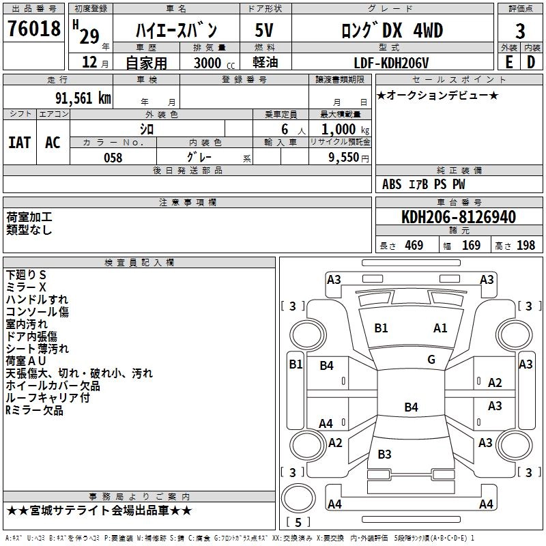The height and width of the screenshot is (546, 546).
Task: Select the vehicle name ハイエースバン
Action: coord(176,30)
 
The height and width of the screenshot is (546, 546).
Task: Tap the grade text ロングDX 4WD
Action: coord(392,30)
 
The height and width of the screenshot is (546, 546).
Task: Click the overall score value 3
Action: coord(520,31)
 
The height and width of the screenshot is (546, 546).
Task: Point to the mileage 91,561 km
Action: coord(83,98)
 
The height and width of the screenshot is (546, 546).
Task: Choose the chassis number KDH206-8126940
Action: coord(459,217)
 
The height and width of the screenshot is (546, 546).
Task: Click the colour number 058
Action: coord(113,158)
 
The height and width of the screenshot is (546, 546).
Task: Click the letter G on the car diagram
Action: coord(431,359)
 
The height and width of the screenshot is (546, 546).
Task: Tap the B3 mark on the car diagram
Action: coord(384,454)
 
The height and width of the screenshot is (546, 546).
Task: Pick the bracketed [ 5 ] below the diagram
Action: coord(298,523)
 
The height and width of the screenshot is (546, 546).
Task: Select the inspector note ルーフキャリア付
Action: coord(47,398)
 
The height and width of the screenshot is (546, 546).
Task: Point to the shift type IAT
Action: coord(19,142)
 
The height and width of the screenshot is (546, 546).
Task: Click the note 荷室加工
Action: coord(29,218)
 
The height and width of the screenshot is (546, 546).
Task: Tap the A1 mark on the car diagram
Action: coord(440,328)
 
